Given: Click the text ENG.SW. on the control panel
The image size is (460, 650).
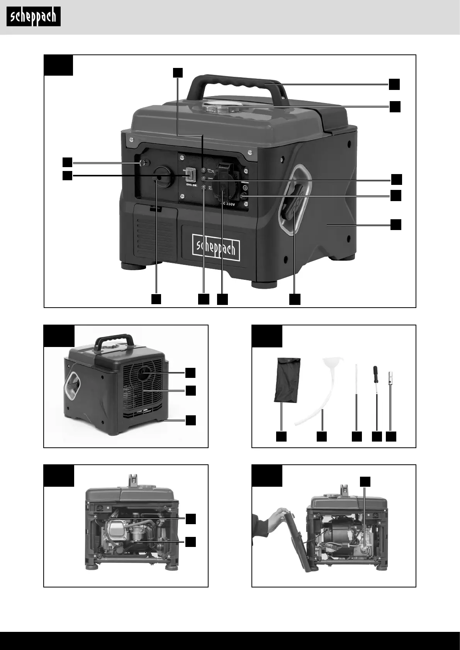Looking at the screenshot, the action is [189, 186].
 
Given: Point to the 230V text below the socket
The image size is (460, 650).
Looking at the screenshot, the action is [230, 204].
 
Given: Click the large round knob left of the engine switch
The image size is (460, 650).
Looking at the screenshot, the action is [162, 177].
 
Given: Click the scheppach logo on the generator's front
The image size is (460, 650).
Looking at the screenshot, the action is [216, 248].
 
